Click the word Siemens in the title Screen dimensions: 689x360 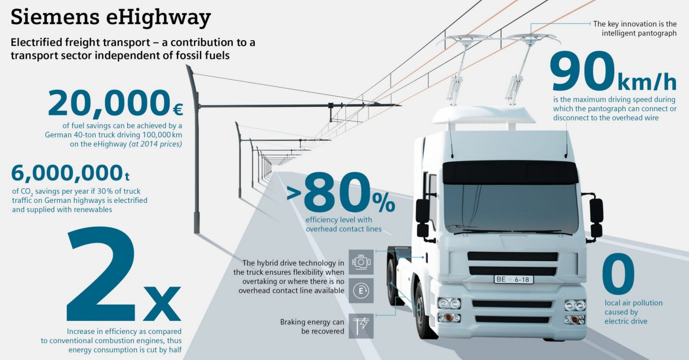55,17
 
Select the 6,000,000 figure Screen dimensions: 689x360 67,173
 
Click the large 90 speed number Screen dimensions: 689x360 582,72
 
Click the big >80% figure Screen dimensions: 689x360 341,193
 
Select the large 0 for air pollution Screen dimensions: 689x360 618,274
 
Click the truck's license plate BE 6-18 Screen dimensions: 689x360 514,279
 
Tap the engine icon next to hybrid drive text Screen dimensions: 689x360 361,262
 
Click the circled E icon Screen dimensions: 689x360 361,290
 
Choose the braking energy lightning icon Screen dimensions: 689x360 361,326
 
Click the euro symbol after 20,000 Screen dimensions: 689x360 177,110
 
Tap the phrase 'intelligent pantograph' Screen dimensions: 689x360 639,33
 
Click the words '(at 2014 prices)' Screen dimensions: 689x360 155,144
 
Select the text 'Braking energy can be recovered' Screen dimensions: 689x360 312,327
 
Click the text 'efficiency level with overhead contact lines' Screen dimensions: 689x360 343,224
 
